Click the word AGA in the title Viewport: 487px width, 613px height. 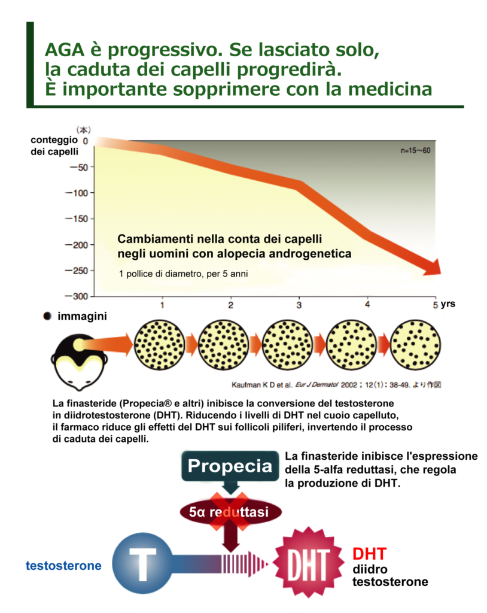pos(66,50)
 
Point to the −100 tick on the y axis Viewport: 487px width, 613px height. pos(78,193)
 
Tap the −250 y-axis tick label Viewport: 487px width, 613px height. pos(78,271)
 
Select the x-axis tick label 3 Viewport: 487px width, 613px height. pos(299,305)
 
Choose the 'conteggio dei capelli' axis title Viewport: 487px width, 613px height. pos(54,145)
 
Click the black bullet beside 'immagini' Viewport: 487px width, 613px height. pos(47,316)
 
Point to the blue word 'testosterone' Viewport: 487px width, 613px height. pos(63,565)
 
